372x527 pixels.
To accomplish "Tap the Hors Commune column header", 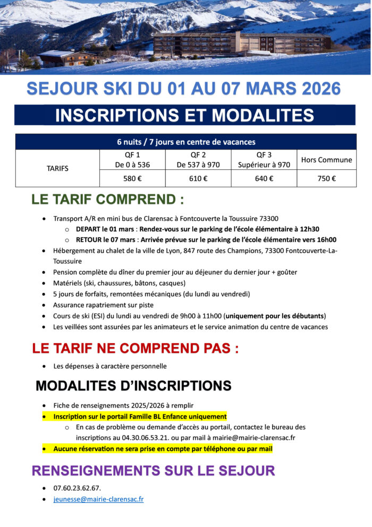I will [326, 160].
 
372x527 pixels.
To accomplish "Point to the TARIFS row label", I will [57, 168].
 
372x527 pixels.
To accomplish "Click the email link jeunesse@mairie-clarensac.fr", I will [98, 499].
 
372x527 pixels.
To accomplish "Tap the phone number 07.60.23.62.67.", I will [77, 488].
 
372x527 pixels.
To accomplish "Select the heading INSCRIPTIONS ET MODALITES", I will [184, 115].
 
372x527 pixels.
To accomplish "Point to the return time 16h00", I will [326, 240].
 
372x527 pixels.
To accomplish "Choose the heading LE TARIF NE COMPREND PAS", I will [135, 349].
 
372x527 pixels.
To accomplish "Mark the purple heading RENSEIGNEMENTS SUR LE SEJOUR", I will [153, 471].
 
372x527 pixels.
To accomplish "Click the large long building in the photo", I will [242, 43].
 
